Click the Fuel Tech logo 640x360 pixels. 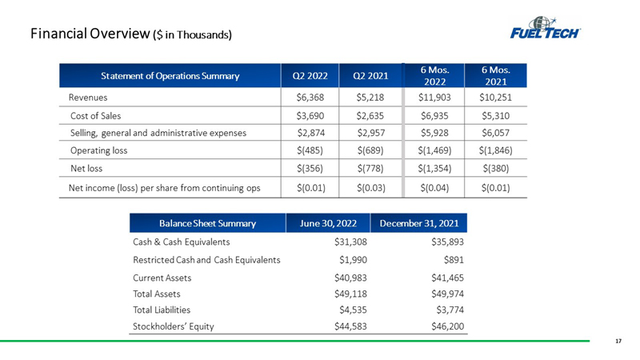[x=546, y=28]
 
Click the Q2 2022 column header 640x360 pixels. [x=310, y=76]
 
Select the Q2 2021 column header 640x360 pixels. [x=370, y=76]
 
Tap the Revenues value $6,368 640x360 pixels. [x=310, y=98]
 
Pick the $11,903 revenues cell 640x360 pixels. [x=434, y=98]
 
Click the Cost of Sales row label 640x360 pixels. [x=95, y=116]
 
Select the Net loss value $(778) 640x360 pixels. [x=370, y=168]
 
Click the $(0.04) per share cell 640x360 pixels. [x=434, y=188]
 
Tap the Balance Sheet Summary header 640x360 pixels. [x=207, y=223]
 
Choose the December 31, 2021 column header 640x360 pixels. [x=419, y=223]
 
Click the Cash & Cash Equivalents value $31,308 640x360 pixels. [x=350, y=242]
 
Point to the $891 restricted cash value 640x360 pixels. [x=454, y=260]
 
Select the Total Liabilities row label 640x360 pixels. [x=162, y=310]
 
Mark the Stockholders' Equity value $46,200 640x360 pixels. [x=448, y=326]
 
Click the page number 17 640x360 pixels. [x=618, y=341]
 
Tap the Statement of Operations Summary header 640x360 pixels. [x=170, y=76]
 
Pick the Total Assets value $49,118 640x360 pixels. [x=350, y=294]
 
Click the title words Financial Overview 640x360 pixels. [x=90, y=34]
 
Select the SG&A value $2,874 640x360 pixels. [x=311, y=133]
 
